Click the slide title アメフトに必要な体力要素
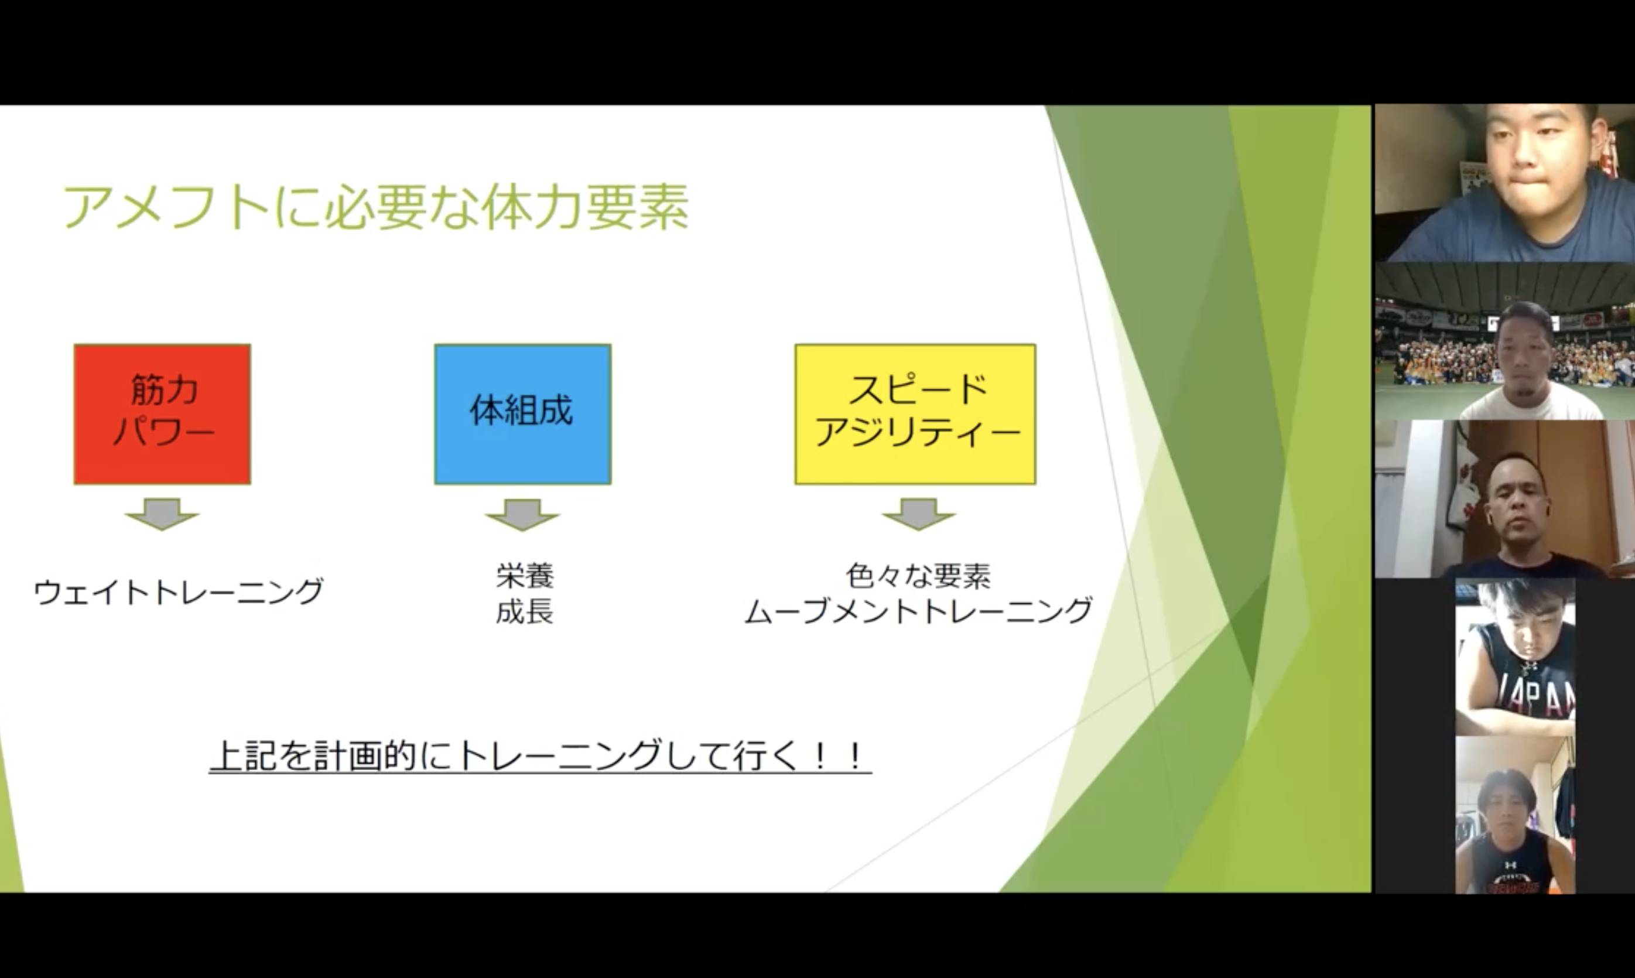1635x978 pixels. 375,207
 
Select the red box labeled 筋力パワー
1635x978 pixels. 162,414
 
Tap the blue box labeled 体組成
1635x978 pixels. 522,414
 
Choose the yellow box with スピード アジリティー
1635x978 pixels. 915,414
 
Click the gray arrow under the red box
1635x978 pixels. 162,514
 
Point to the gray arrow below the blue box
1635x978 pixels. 522,514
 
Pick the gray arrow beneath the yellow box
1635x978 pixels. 919,514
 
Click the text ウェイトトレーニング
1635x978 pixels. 179,591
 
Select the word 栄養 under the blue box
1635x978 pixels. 525,575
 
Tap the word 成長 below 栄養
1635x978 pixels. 525,611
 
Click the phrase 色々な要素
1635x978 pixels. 918,575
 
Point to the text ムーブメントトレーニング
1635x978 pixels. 918,611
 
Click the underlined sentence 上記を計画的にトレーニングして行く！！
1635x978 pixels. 541,756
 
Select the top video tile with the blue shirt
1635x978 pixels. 1504,183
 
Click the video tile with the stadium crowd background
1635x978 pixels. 1504,341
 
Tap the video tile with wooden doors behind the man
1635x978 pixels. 1504,499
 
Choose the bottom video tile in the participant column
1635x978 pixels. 1515,815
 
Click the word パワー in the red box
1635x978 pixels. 163,432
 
